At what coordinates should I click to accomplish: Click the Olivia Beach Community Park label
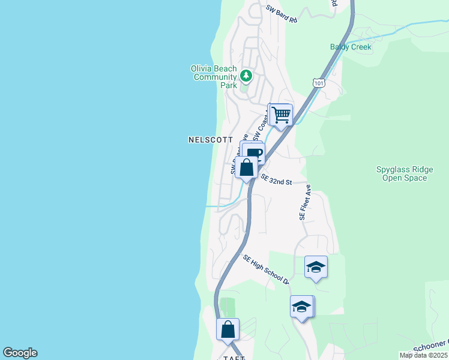tap(214, 77)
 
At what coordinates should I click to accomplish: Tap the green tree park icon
tap(246, 76)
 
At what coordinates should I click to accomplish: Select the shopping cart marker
tap(281, 114)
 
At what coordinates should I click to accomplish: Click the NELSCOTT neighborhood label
tap(210, 140)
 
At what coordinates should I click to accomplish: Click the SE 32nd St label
tap(276, 181)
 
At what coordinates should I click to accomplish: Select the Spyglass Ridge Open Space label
tap(402, 173)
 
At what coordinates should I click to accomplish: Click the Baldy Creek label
tap(351, 47)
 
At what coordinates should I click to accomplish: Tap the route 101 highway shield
tap(319, 83)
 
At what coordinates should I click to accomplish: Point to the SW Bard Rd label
tap(282, 15)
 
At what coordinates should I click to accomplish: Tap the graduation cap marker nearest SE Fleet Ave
tap(316, 267)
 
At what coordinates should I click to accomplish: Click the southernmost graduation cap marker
tap(301, 307)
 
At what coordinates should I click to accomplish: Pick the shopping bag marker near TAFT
tap(228, 329)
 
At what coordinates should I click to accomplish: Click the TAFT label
tap(232, 357)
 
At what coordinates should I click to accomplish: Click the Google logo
tap(20, 353)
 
